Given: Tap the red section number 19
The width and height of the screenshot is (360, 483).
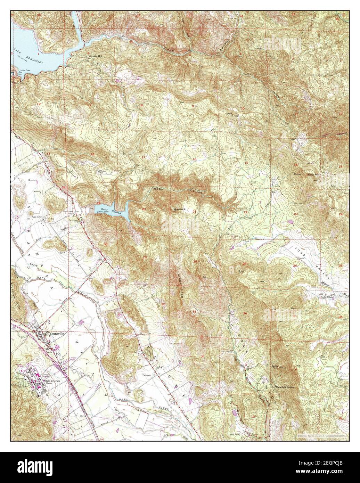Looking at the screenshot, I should (x=99, y=203).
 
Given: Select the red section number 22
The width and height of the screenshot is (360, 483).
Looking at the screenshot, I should (x=245, y=212).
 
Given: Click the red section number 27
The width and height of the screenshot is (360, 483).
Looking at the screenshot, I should (x=244, y=264).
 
